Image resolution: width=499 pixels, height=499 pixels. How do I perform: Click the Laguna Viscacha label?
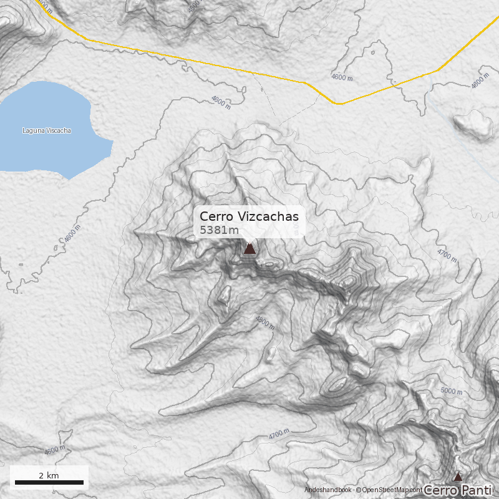click(x=47, y=130)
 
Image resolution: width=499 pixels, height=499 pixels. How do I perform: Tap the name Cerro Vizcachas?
click(x=249, y=216)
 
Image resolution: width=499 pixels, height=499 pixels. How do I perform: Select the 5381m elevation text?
click(x=219, y=230)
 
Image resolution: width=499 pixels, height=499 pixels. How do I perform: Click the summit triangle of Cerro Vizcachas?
click(x=249, y=249)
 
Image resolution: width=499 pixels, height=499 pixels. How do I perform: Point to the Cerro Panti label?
click(x=457, y=491)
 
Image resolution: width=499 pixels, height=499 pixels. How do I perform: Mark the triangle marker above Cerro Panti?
click(x=457, y=477)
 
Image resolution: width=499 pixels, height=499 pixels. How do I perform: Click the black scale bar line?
click(x=49, y=482)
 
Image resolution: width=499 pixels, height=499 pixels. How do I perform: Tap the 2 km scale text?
click(x=49, y=475)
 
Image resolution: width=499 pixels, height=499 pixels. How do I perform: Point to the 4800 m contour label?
click(x=265, y=322)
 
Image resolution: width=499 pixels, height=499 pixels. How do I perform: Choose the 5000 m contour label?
click(x=452, y=391)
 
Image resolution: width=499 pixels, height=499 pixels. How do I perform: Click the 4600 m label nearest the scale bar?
click(x=55, y=450)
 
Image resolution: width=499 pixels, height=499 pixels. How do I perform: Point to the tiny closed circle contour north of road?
click(x=372, y=52)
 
